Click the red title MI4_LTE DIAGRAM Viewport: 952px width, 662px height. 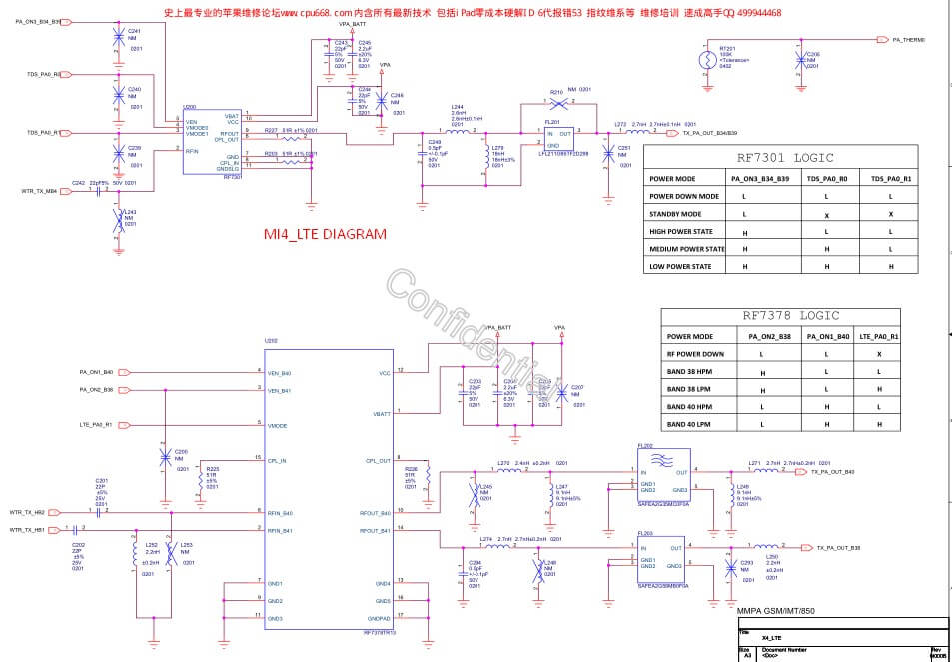(x=324, y=234)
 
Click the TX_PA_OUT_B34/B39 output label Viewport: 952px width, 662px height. (x=710, y=132)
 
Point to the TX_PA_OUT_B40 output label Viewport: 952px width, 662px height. (x=832, y=471)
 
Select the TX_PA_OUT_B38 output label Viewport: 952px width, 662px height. (x=838, y=547)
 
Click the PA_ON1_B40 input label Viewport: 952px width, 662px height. (x=96, y=372)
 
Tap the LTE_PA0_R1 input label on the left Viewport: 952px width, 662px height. (x=96, y=425)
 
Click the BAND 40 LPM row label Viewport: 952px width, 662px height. (x=689, y=424)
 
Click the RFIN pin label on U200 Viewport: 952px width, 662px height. (x=193, y=150)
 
